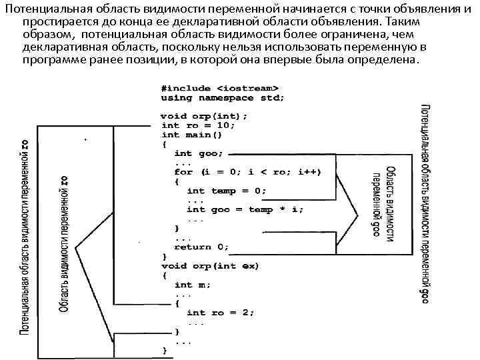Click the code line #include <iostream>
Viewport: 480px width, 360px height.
click(x=219, y=87)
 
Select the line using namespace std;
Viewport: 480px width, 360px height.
click(x=223, y=97)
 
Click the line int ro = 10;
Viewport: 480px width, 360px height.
click(x=198, y=125)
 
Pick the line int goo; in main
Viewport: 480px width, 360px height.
click(x=199, y=153)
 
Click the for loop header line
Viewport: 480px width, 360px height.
click(x=247, y=171)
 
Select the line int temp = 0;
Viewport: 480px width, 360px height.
click(x=227, y=191)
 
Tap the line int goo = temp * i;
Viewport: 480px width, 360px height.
click(x=245, y=209)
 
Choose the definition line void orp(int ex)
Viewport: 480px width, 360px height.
click(x=211, y=266)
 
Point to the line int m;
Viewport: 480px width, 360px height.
click(x=193, y=285)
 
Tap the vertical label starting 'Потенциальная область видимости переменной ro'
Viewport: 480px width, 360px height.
click(x=25, y=237)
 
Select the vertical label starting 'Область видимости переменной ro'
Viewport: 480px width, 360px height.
click(x=65, y=243)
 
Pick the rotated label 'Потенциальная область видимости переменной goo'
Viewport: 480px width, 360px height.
click(x=424, y=203)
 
